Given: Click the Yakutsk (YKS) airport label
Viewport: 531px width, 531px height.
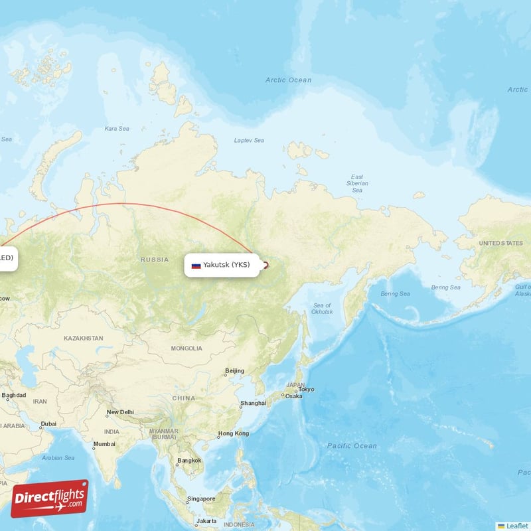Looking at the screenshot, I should [x=226, y=265].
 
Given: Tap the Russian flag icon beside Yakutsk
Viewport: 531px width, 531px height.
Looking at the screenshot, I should [x=196, y=265].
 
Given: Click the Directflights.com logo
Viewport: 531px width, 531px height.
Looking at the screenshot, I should [x=50, y=498].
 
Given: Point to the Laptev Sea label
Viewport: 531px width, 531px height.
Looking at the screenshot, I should [x=249, y=140].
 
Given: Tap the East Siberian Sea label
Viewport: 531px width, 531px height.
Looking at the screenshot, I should [x=357, y=183].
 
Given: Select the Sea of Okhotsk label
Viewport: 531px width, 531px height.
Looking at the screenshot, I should [x=323, y=308].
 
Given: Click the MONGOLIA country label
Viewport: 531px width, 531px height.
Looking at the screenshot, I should [x=187, y=348].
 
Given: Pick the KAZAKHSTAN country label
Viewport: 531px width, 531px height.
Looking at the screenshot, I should [x=84, y=339].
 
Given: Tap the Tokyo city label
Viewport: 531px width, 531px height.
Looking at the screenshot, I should [x=306, y=390].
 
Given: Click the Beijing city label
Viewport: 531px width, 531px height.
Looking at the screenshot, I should [x=234, y=370].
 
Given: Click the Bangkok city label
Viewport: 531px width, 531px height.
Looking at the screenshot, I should [x=189, y=460].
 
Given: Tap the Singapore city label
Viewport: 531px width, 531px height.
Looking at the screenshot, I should [x=200, y=498].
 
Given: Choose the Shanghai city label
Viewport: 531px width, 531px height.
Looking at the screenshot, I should [x=253, y=403].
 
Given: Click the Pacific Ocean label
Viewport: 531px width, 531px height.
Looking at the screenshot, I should [x=352, y=445].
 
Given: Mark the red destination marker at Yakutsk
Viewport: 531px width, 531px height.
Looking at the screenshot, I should [x=265, y=265].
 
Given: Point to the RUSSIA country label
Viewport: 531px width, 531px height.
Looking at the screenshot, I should [x=155, y=260].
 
